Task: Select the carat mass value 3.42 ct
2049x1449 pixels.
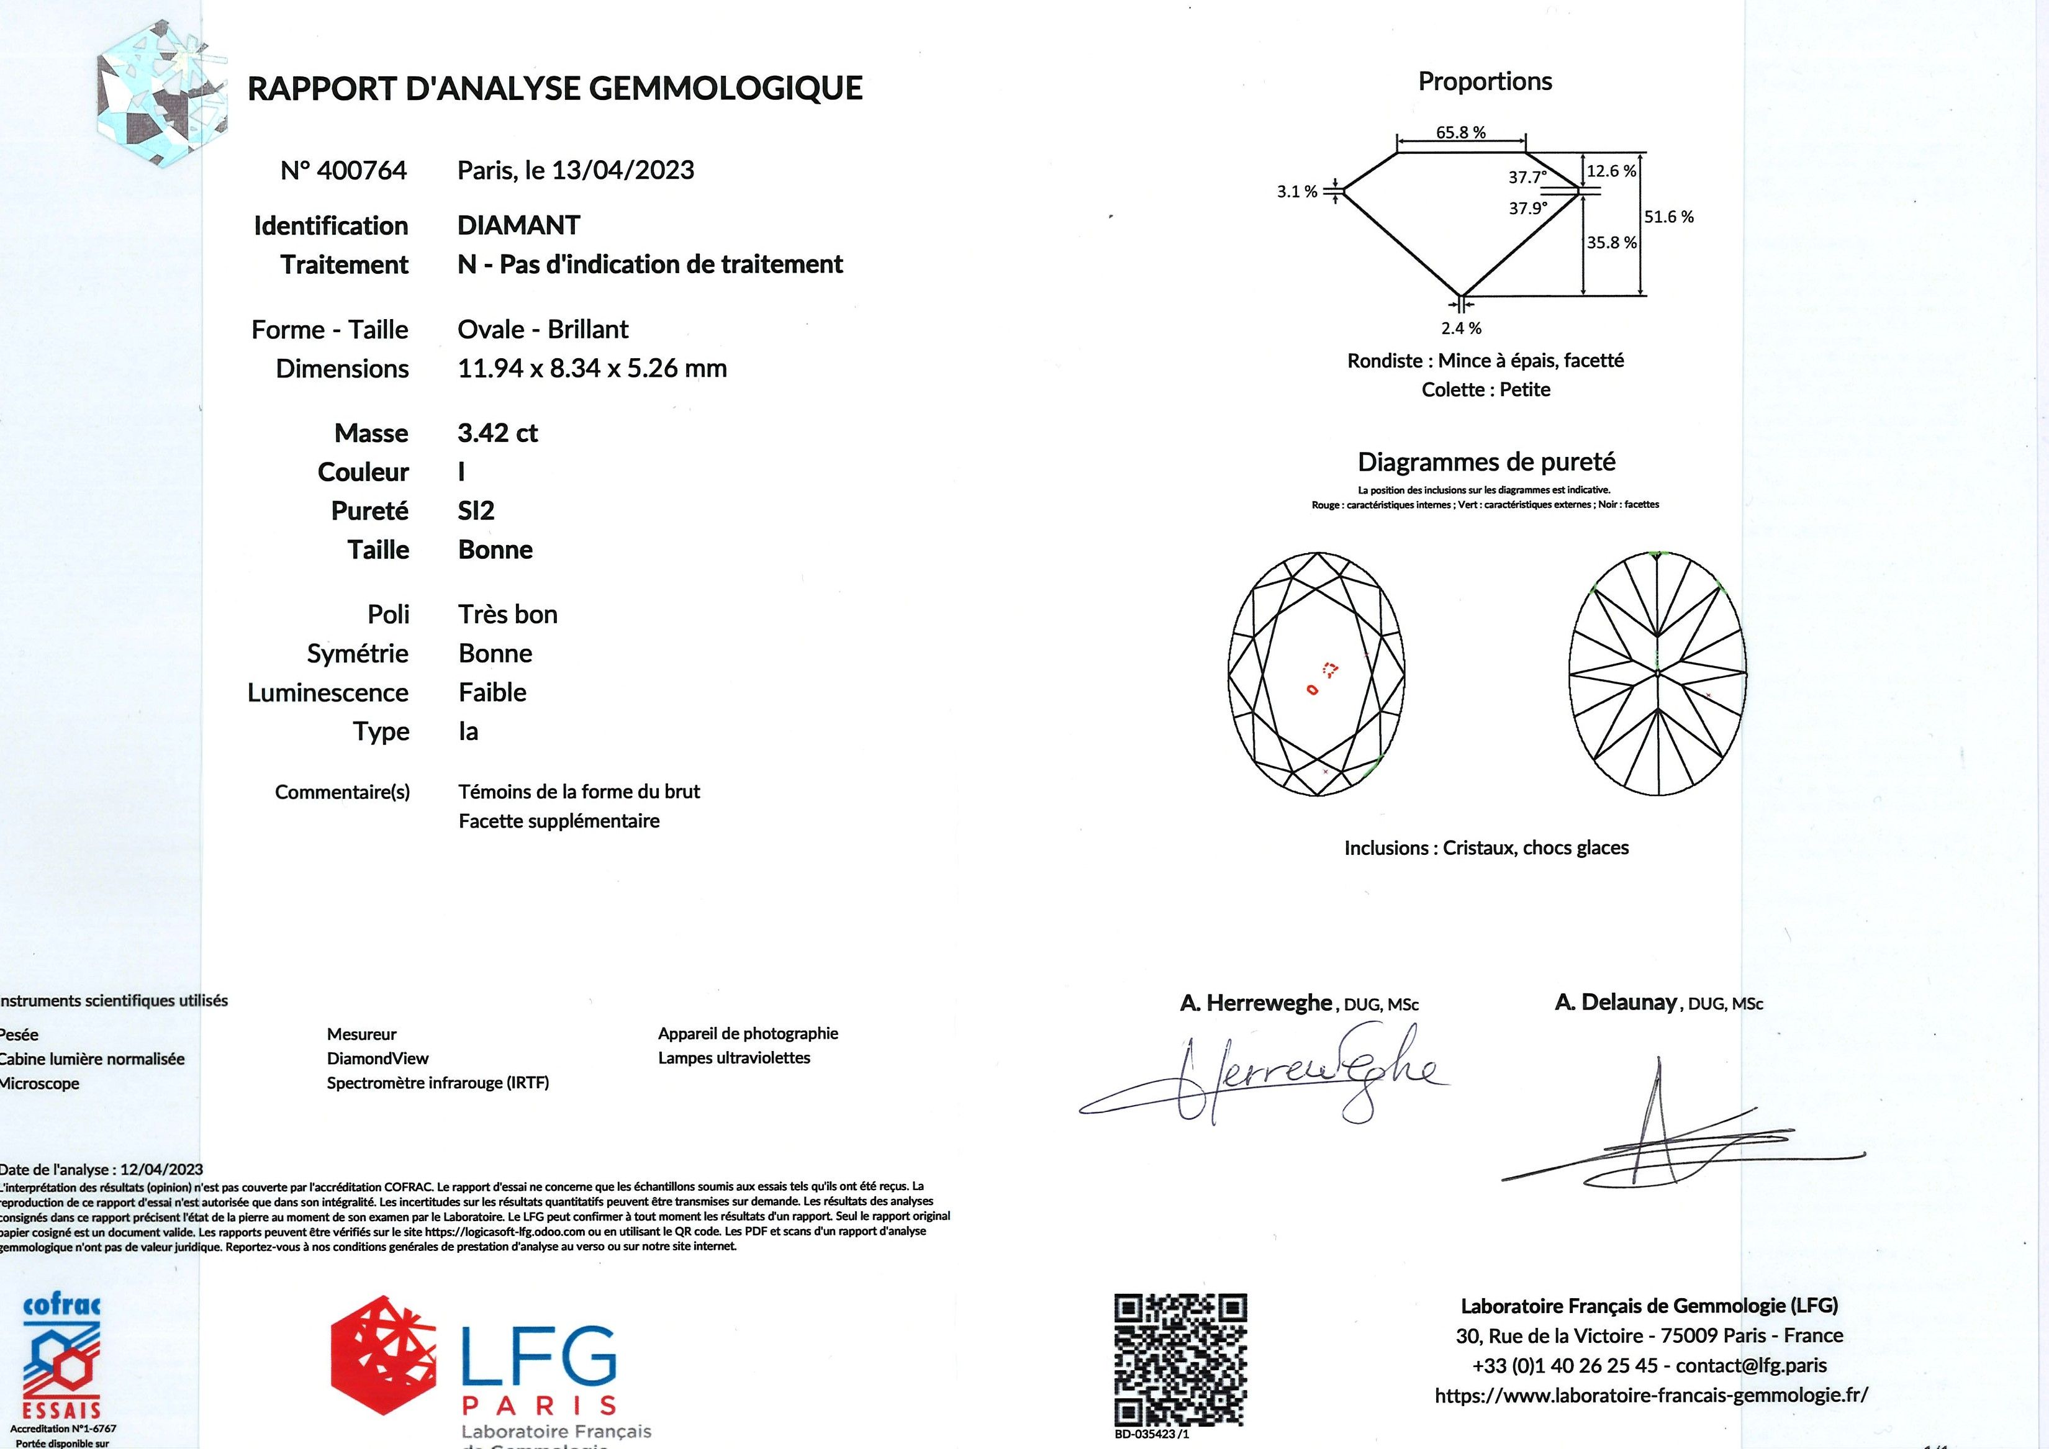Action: (497, 433)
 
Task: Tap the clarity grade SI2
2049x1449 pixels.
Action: (476, 512)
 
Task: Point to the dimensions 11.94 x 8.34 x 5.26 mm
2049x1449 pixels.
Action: (592, 369)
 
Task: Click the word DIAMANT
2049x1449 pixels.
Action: (518, 226)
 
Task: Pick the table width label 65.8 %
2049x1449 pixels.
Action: (1461, 133)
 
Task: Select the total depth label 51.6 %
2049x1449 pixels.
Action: (1669, 217)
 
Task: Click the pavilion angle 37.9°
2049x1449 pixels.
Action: (1528, 209)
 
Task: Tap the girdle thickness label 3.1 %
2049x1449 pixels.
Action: (1296, 192)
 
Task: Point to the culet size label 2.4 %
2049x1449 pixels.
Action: (1461, 328)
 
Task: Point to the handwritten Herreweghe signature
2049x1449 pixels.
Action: (1267, 1080)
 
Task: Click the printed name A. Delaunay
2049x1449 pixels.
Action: (1615, 1003)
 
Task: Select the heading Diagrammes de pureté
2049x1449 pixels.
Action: (1486, 462)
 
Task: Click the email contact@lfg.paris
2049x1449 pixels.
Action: (1751, 1365)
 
